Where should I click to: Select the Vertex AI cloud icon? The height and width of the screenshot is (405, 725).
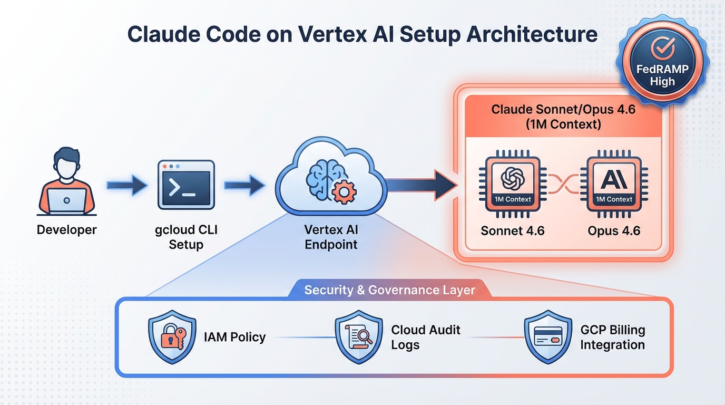(331, 179)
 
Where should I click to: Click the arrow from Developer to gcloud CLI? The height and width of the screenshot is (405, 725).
(127, 185)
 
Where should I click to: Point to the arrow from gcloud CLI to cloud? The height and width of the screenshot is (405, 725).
(244, 185)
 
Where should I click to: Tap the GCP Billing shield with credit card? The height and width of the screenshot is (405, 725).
(548, 337)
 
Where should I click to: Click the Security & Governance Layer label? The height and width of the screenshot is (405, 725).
(390, 290)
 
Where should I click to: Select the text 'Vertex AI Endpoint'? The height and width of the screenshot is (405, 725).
(331, 237)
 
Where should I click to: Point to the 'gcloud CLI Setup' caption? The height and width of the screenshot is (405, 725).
(186, 237)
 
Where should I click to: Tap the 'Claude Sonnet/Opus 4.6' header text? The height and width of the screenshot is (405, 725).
(563, 110)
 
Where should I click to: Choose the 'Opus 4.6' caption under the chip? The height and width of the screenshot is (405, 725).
(614, 230)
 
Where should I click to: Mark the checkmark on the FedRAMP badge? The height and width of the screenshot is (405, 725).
(662, 49)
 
